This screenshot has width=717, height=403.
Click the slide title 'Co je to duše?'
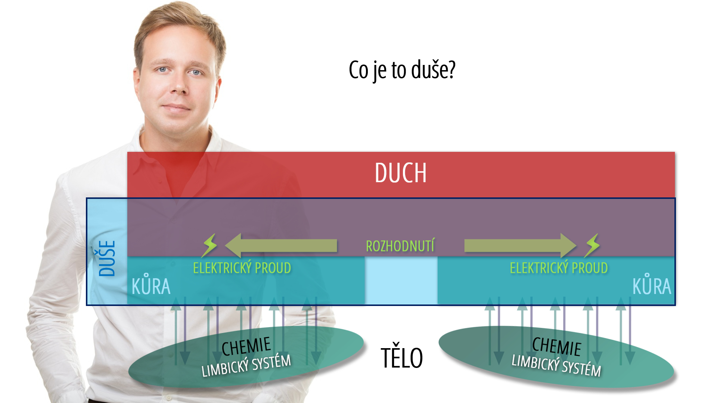402,70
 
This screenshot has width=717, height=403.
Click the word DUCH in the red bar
401,173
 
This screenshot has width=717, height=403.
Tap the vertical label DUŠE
107,258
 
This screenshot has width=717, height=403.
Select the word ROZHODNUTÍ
400,246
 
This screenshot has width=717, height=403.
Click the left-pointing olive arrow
281,246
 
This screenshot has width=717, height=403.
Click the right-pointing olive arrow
521,246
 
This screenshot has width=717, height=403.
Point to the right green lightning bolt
592,246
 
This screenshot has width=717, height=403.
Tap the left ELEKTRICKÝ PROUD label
242,268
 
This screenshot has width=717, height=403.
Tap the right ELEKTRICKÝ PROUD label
559,268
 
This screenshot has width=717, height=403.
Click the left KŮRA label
151,285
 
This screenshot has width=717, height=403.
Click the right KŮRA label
652,285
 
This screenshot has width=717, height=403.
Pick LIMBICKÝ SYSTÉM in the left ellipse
246,366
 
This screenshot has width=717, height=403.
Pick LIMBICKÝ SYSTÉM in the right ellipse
556,366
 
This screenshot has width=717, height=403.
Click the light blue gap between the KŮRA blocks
401,280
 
